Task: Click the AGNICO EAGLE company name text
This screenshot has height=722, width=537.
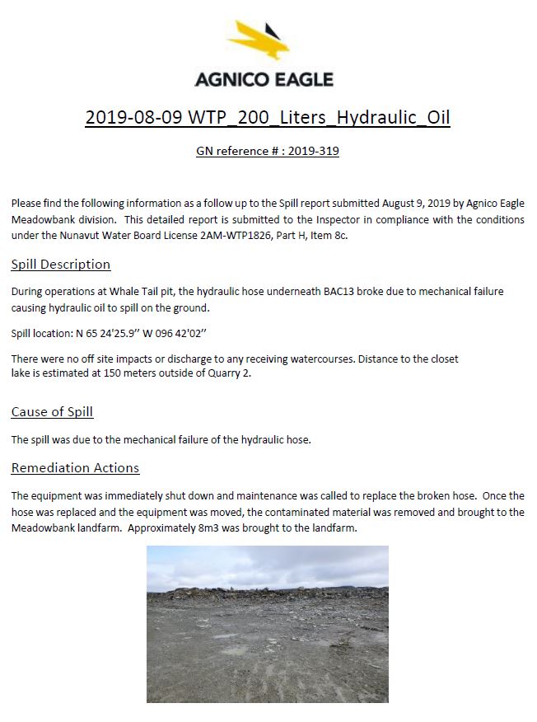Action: coord(264,80)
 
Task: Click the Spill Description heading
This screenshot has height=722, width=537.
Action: coord(61,265)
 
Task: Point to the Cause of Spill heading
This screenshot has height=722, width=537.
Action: coord(58,412)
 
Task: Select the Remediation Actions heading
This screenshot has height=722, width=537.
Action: coord(75,468)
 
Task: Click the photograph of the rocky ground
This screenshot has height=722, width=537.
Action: coord(268,623)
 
